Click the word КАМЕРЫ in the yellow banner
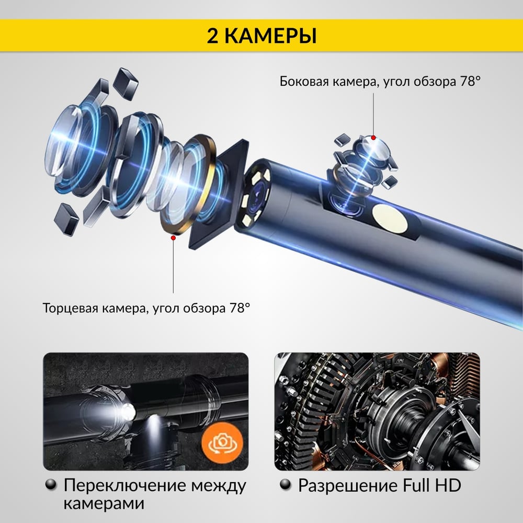(x=270, y=36)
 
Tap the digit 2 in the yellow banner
(x=212, y=36)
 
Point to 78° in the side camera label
(x=470, y=81)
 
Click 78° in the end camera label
(x=240, y=308)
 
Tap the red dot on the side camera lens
(x=373, y=138)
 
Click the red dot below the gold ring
(x=173, y=237)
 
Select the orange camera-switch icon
(x=222, y=442)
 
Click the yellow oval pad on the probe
(x=390, y=219)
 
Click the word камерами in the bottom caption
(x=104, y=504)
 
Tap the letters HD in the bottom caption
(x=448, y=485)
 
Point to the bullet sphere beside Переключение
(x=51, y=485)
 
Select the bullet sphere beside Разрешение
(x=286, y=485)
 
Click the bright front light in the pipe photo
(x=127, y=412)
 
